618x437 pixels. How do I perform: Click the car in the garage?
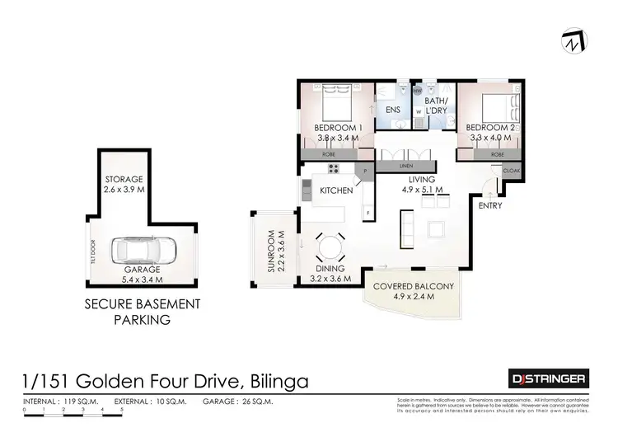(143, 249)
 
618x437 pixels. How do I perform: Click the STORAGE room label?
(123, 179)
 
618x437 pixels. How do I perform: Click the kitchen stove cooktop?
(335, 170)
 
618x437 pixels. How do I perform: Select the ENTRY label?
(490, 205)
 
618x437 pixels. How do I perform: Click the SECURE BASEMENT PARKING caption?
(143, 312)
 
